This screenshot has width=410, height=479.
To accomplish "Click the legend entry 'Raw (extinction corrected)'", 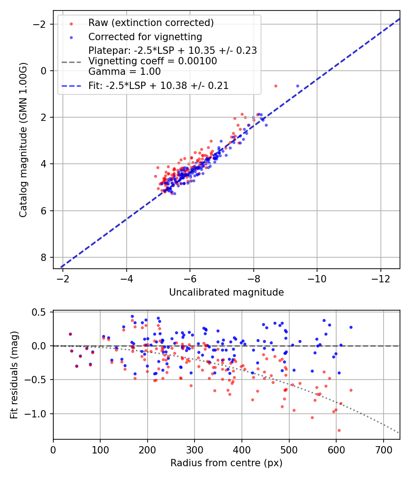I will click(x=151, y=23).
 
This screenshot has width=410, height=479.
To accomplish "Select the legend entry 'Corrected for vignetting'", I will click(x=145, y=36).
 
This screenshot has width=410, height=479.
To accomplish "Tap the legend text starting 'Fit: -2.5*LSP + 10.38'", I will click(x=159, y=85).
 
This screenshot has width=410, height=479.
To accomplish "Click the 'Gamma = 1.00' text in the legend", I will click(x=124, y=71).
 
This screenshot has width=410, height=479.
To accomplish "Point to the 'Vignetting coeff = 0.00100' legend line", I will click(x=153, y=61).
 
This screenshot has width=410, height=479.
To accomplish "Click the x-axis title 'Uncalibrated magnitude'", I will click(x=226, y=292).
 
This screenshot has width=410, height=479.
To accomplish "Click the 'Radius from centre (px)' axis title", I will click(x=226, y=463).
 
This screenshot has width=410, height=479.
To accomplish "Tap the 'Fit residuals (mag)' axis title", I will click(x=14, y=375).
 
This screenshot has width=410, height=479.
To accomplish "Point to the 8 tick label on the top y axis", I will click(x=44, y=257).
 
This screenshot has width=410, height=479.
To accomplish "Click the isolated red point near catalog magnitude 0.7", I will click(x=276, y=86).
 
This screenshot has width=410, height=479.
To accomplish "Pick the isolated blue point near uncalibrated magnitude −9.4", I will click(x=298, y=86).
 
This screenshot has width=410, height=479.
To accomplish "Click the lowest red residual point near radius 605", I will click(x=339, y=430).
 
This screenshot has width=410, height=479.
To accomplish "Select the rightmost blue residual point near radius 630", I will click(x=351, y=327).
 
